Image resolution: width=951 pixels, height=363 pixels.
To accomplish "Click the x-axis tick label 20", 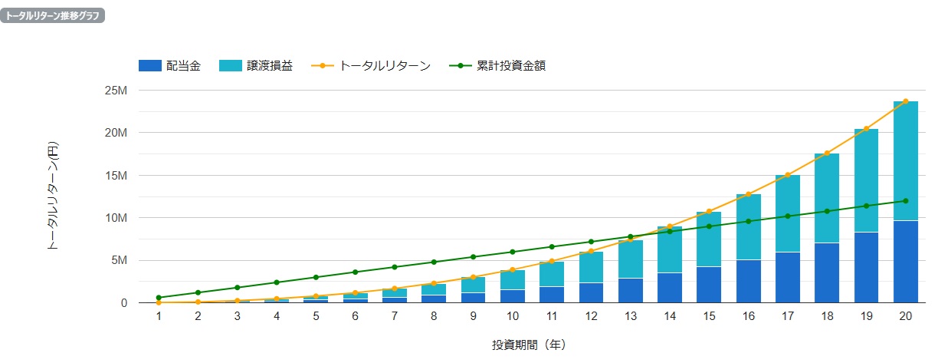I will [x=905, y=316].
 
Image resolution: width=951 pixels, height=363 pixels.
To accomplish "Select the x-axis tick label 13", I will [x=630, y=316].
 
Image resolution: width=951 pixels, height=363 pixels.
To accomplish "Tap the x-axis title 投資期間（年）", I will [x=529, y=345].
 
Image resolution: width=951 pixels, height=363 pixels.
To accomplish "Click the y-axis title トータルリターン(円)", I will [x=53, y=196].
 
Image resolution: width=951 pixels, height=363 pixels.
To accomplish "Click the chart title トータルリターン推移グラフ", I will [x=52, y=15].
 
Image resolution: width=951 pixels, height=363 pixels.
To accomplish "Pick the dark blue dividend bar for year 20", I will [x=905, y=262].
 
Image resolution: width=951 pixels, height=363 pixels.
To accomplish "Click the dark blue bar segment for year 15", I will [x=709, y=285].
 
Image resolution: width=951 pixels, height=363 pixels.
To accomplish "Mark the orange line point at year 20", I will [x=905, y=101].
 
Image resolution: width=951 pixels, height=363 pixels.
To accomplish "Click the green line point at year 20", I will [x=905, y=201].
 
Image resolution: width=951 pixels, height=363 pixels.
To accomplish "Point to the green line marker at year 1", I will [x=159, y=298].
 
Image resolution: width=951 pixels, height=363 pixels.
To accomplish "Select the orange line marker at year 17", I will [x=787, y=176].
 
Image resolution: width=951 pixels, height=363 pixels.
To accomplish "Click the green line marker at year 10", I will [x=513, y=252].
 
